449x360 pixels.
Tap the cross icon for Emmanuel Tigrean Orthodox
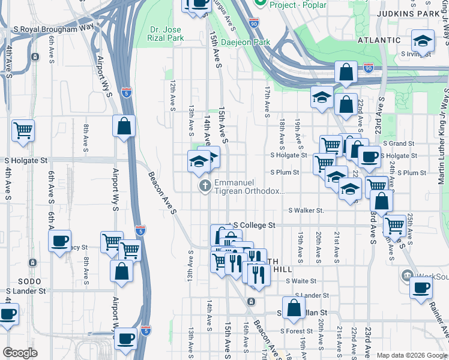pos(205,187)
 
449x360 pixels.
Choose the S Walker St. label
pos(306,211)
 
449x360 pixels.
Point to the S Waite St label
pos(301,281)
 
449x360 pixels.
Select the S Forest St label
pos(297,331)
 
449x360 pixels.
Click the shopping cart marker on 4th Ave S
pos(23,130)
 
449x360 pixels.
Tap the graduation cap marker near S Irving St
pos(423,41)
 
